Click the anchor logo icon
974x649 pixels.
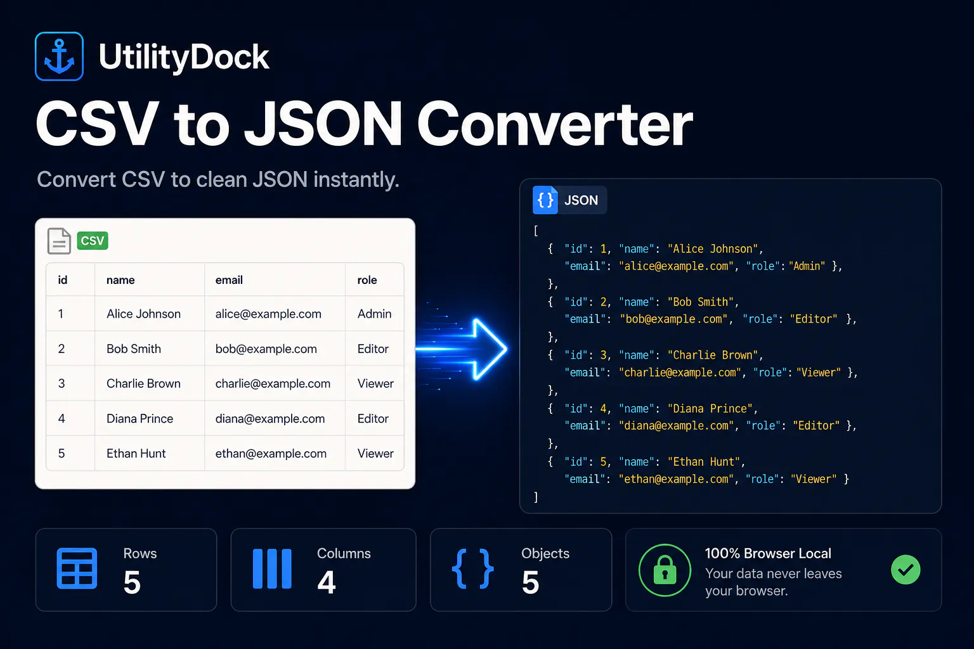pos(59,56)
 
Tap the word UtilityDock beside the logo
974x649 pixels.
pos(184,57)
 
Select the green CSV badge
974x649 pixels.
pos(93,241)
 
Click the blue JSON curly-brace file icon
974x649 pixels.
pos(545,200)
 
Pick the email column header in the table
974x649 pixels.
pos(229,280)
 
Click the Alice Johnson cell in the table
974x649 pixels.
pos(143,314)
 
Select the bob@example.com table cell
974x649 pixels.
pos(266,349)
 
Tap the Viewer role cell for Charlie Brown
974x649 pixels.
pos(375,383)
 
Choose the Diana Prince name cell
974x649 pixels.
pos(140,418)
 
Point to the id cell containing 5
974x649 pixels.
pos(62,453)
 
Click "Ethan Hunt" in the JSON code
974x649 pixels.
pos(704,461)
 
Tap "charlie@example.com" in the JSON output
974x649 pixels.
pos(680,373)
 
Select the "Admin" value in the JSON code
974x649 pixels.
pos(807,266)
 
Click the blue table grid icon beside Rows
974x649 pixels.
pos(77,569)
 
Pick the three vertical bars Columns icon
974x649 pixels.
pos(272,569)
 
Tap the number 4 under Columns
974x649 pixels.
pos(327,582)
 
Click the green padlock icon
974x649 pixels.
pos(665,570)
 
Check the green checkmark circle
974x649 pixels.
pos(906,569)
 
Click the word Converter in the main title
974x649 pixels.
pos(555,124)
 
